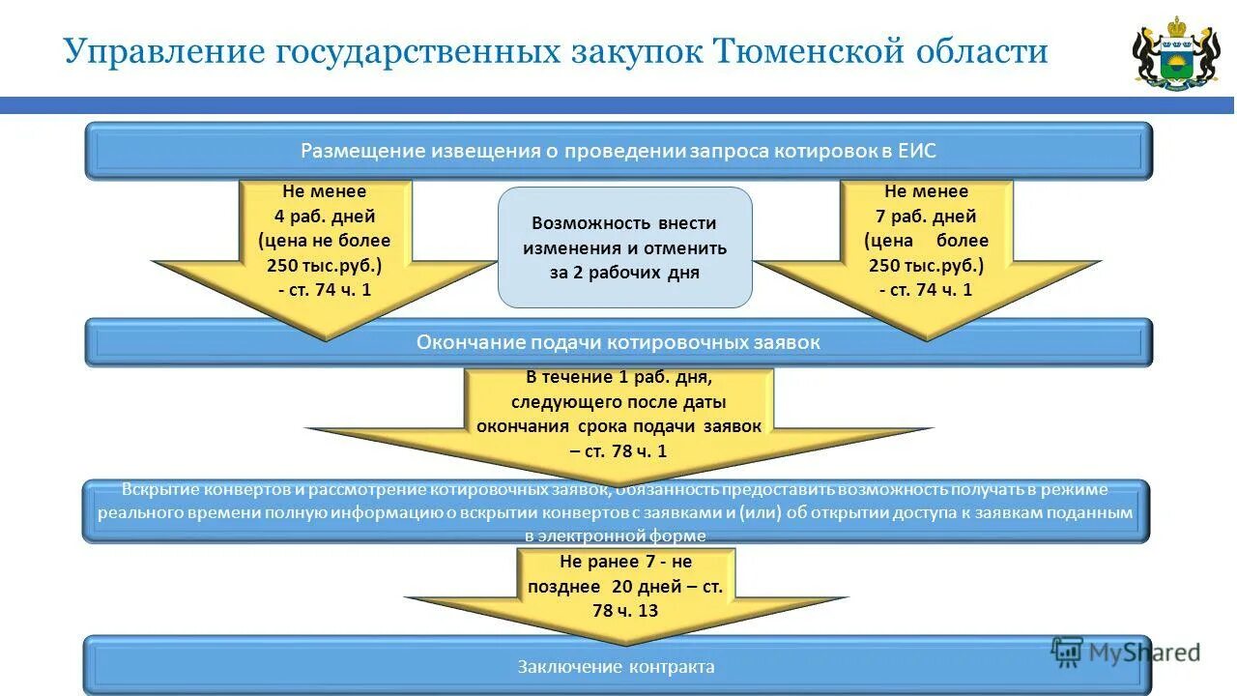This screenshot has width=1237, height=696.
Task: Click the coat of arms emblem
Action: coord(1175,53)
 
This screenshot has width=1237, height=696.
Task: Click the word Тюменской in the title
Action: coord(807,50)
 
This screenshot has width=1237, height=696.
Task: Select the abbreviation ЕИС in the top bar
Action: coord(916,151)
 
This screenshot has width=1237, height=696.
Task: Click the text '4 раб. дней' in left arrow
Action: coord(325,217)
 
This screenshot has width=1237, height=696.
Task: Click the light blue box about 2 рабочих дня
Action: coord(624,247)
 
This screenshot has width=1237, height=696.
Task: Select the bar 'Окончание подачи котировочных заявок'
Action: coord(618,342)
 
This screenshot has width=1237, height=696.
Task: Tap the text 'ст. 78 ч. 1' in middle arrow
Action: coord(625,450)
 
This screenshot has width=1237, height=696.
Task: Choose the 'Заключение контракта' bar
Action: coord(616,667)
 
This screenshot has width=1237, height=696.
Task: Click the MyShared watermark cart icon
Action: coord(1067,652)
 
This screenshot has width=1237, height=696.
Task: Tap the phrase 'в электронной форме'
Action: coord(616,536)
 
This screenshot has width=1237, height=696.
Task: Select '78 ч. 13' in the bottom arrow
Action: coord(625,611)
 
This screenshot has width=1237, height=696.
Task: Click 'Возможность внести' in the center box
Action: coord(624,223)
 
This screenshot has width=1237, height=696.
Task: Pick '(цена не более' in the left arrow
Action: coord(325,241)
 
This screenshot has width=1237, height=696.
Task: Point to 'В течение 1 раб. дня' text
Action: coord(618,377)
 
